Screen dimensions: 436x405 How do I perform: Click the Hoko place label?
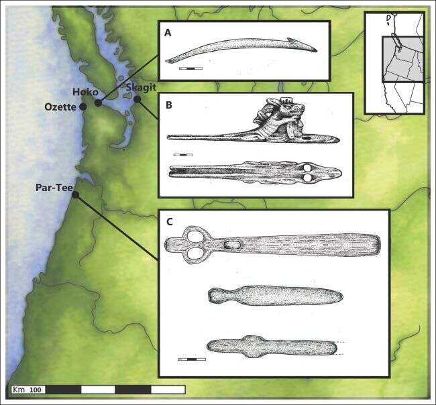85,93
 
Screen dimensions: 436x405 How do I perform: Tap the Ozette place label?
60,107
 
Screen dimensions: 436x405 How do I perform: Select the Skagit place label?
141,88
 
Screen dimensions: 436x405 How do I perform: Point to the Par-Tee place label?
54,188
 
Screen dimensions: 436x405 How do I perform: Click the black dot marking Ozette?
83,107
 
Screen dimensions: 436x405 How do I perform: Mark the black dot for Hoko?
98,103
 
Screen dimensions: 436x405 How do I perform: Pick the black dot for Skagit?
137,99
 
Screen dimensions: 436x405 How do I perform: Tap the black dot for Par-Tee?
75,195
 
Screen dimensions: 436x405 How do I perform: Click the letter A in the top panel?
168,33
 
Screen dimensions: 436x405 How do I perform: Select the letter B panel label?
168,105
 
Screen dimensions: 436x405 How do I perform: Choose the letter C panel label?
169,222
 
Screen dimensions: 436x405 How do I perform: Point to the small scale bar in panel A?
190,68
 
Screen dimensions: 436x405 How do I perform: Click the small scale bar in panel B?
183,154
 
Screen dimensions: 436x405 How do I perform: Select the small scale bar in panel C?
192,359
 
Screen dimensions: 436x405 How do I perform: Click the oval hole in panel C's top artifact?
233,245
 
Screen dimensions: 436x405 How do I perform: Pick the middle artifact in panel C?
276,296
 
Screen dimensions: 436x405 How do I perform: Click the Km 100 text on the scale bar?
29,390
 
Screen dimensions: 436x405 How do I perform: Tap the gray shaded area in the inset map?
402,59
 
